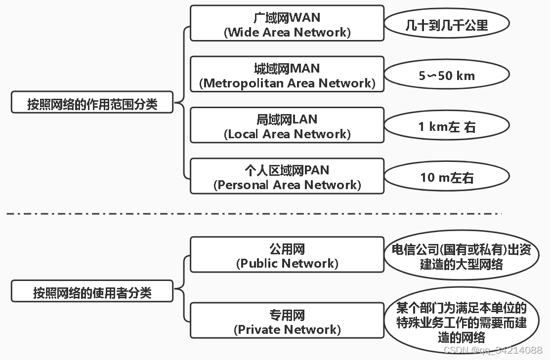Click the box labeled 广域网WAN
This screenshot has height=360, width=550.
click(287, 23)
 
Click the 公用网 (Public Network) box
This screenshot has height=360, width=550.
click(287, 255)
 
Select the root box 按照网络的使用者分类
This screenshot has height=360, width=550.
click(92, 291)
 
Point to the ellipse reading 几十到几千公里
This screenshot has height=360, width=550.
click(447, 24)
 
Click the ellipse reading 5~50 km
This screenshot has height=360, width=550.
click(447, 76)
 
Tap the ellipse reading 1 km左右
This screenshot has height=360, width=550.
click(447, 126)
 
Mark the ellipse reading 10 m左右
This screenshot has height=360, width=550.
click(447, 177)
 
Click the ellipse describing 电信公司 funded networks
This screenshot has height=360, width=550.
click(461, 256)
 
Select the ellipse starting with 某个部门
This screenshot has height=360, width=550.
click(461, 322)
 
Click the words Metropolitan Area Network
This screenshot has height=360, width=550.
click(287, 83)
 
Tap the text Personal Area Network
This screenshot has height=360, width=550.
click(287, 185)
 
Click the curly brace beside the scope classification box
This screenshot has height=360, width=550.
click(184, 103)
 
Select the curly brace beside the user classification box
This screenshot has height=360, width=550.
click(184, 290)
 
